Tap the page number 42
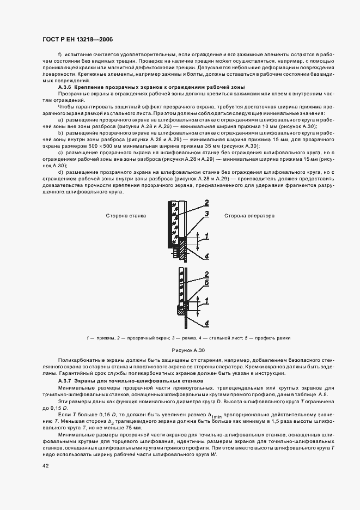click(x=45, y=466)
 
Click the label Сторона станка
click(x=126, y=216)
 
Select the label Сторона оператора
click(x=249, y=216)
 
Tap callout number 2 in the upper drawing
click(x=207, y=203)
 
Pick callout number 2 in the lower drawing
click(x=207, y=274)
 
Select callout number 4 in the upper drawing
click(x=208, y=256)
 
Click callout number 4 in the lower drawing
click(x=208, y=324)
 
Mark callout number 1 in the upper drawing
click(x=206, y=235)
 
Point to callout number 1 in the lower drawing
click(x=206, y=301)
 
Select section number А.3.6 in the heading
click(x=65, y=87)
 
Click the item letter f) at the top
click(x=60, y=55)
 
